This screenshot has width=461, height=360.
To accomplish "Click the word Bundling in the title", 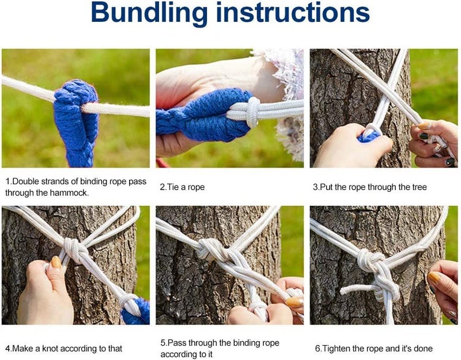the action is point(149,13).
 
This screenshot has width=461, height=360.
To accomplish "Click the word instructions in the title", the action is point(293,12).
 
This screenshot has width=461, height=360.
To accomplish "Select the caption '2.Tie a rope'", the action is point(182,187).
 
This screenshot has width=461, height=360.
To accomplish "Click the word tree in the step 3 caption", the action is point(417,187).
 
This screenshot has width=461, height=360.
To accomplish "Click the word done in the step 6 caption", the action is point(423,348).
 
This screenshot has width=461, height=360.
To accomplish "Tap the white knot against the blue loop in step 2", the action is point(253,112).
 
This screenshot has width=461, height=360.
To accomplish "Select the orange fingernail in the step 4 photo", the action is point(56,262).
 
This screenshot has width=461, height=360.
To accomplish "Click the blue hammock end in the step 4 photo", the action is point(136,312).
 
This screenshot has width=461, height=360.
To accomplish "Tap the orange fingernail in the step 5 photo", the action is point(294,302).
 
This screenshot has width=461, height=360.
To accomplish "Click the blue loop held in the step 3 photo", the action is point(368,137).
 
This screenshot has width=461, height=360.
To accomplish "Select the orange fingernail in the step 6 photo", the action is point(434,277).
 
